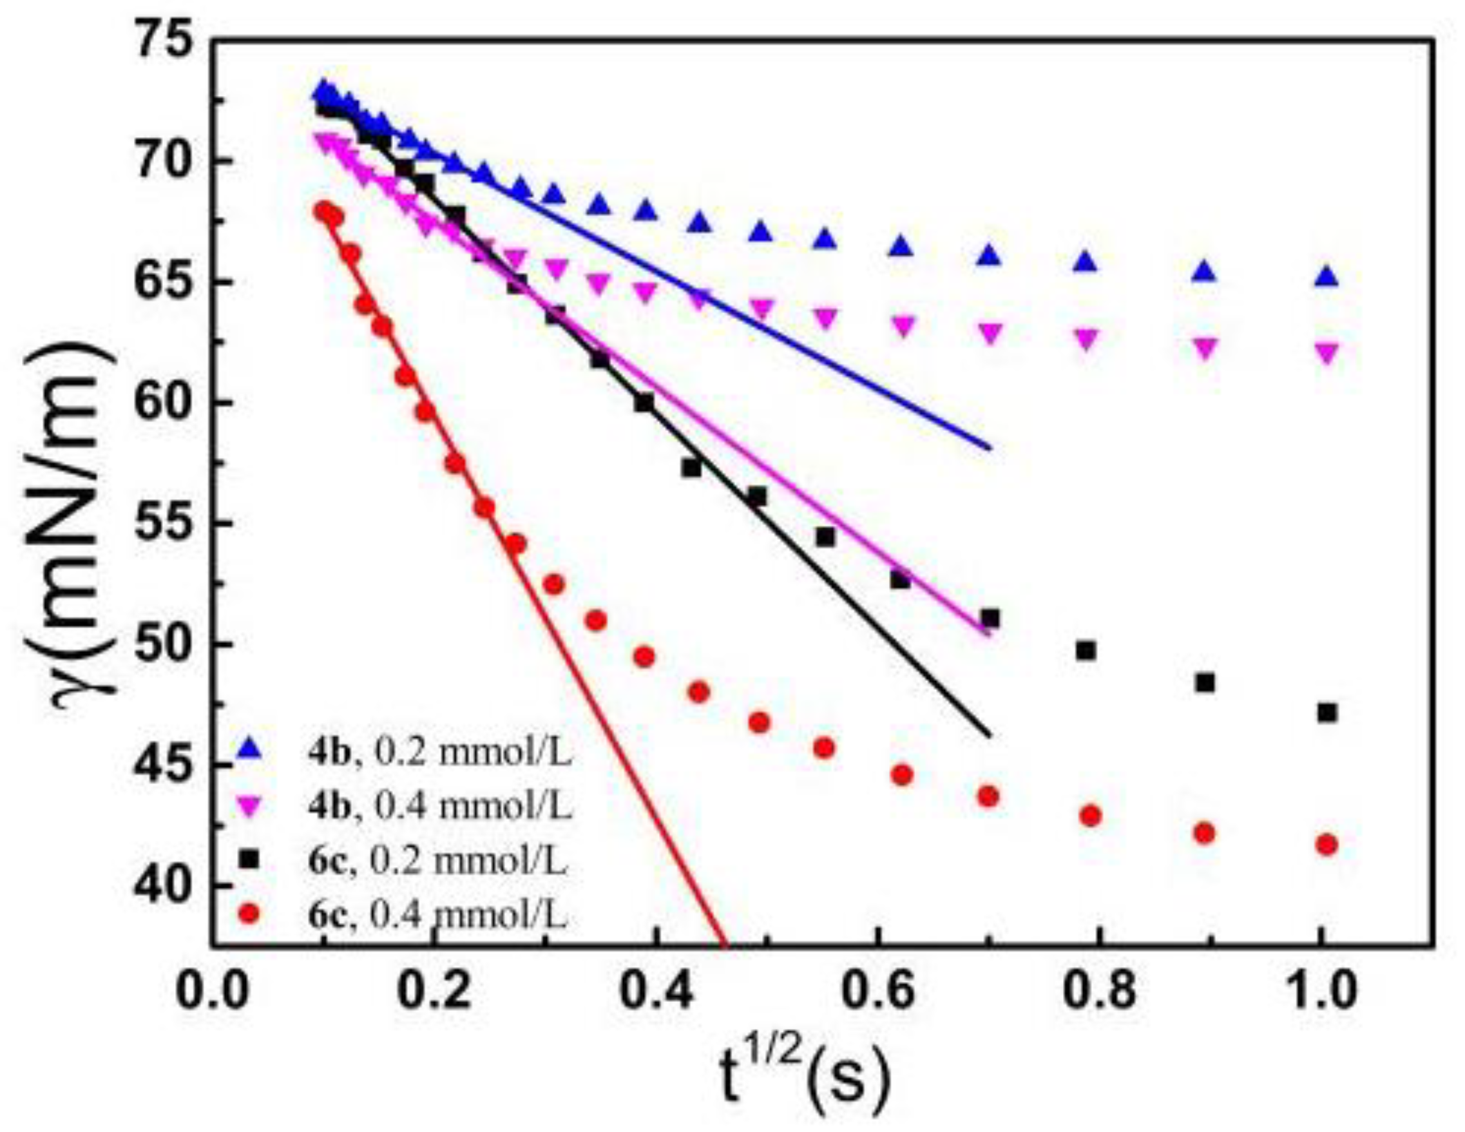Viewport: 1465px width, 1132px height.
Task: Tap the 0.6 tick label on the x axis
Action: (877, 991)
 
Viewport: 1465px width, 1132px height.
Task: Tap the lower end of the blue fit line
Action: (989, 448)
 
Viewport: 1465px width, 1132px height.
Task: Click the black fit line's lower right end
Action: (989, 734)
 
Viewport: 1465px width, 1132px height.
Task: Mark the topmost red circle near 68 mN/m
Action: (325, 210)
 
